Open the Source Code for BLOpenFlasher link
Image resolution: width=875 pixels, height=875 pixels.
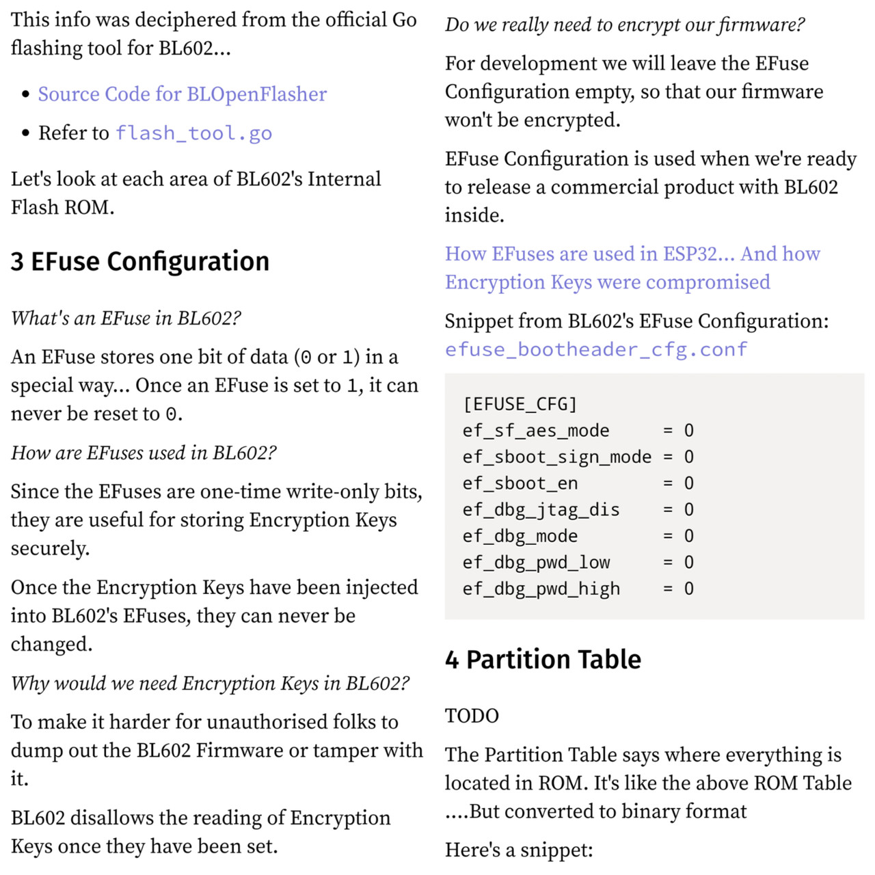[x=182, y=94]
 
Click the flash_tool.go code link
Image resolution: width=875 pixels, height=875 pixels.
[x=193, y=133]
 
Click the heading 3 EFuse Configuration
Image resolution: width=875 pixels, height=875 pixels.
[x=140, y=261]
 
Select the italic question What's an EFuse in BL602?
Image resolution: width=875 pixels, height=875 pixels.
[x=126, y=318]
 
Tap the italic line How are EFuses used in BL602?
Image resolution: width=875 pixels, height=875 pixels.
[x=144, y=453]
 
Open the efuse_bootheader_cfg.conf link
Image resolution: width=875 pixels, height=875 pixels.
[x=596, y=349]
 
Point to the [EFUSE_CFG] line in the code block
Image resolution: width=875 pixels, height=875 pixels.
[x=520, y=404]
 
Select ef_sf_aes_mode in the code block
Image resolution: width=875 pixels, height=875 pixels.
[x=536, y=431]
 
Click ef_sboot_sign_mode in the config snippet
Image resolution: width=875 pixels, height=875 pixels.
[x=556, y=457]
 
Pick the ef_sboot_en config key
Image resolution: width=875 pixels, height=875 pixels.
[x=520, y=483]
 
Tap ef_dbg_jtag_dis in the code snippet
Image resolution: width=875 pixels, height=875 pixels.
[x=541, y=510]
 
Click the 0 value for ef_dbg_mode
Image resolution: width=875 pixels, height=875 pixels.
[x=689, y=536]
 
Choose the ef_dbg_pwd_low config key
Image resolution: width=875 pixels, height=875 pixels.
[x=536, y=563]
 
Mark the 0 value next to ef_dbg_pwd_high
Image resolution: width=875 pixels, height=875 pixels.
[x=689, y=589]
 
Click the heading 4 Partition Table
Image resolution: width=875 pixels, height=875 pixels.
[x=543, y=659]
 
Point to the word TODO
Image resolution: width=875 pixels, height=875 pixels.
[x=472, y=716]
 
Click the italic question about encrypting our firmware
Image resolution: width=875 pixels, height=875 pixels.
[x=625, y=25]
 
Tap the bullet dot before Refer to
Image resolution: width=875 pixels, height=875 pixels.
[x=25, y=133]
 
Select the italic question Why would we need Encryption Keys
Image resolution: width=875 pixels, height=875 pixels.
[x=210, y=683]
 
